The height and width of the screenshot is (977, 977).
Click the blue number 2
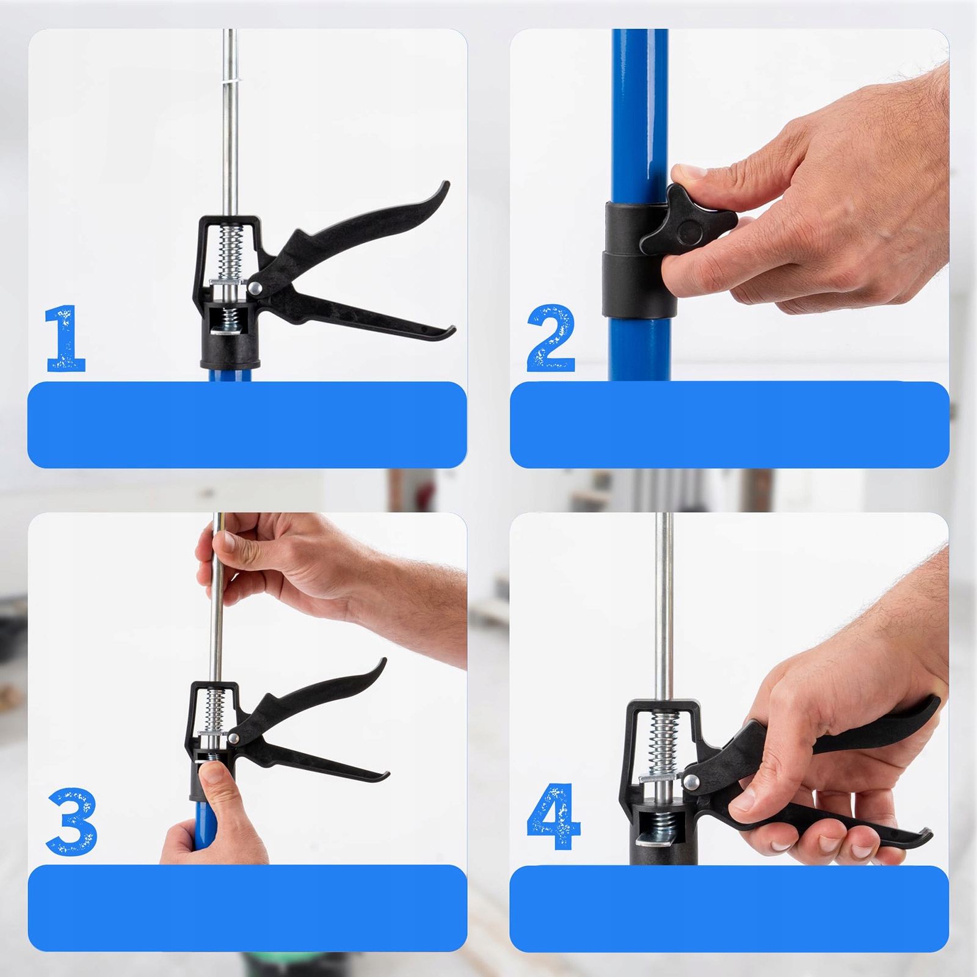[551, 338]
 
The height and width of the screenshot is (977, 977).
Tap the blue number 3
[72, 821]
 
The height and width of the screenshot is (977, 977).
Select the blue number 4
[553, 816]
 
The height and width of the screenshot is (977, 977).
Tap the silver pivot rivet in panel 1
[255, 287]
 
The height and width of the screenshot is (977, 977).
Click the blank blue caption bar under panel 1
[247, 424]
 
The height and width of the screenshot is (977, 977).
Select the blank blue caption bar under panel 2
[730, 424]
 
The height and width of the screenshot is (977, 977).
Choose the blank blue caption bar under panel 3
[247, 908]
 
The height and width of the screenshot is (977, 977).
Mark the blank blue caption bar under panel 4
[730, 908]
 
